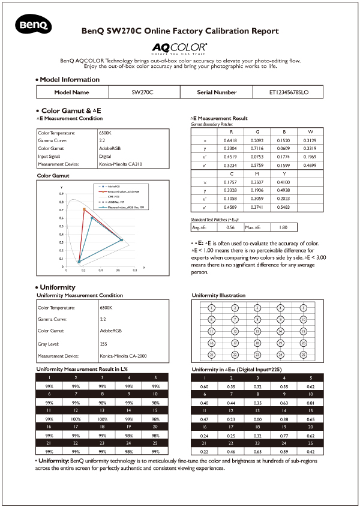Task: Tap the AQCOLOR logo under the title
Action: click(x=179, y=47)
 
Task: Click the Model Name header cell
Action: click(x=71, y=92)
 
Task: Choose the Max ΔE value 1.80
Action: click(x=284, y=228)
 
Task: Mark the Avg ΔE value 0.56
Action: click(x=230, y=228)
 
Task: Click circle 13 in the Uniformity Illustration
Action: click(x=257, y=331)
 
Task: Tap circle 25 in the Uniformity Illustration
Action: click(x=304, y=354)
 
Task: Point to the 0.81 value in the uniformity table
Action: click(x=310, y=403)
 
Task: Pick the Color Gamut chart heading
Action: click(x=53, y=176)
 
